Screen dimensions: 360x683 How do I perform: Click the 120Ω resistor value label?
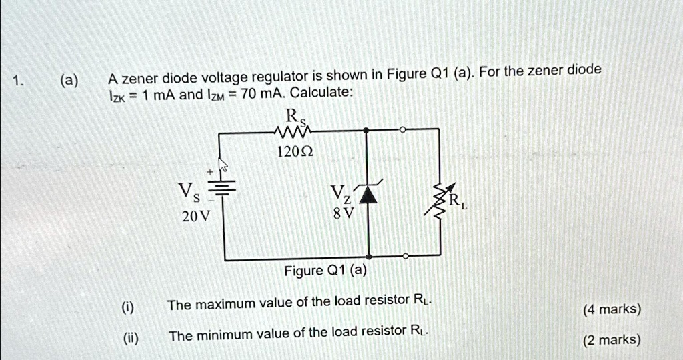[293, 152]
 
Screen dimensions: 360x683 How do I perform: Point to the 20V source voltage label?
[195, 217]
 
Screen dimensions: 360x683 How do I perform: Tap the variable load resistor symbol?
[439, 199]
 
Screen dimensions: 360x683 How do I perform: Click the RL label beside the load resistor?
[457, 202]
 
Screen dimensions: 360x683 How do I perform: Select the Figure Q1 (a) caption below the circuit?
[325, 271]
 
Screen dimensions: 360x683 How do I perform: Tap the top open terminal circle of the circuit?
[402, 130]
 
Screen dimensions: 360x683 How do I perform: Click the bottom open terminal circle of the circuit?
[406, 256]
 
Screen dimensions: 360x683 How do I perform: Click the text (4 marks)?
[612, 309]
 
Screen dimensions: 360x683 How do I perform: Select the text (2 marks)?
[612, 340]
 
